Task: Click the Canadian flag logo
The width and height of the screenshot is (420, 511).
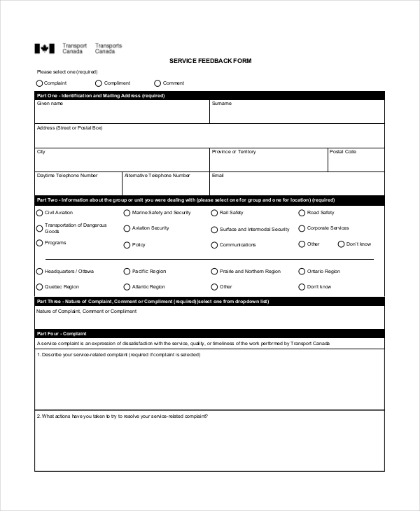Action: coord(44,49)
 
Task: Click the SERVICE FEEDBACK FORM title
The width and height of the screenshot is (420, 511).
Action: coord(210,61)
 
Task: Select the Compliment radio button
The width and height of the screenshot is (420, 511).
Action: coord(99,83)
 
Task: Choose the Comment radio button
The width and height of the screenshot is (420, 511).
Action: coord(157,83)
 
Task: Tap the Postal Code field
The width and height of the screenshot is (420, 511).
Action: coord(356,162)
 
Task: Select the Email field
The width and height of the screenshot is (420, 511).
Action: coord(297,185)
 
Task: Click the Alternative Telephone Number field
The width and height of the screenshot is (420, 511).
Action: coord(165,185)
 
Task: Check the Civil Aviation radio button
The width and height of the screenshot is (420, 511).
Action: coord(39,213)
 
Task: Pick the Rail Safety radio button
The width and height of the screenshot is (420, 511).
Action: coord(214,213)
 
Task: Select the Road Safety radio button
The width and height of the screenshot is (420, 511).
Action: coord(302,213)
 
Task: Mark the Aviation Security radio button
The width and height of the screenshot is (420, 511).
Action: coord(127,228)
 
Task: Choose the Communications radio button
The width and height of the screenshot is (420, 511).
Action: coord(214,245)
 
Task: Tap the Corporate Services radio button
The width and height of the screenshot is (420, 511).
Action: coord(302,228)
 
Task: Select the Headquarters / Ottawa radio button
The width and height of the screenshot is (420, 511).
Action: coord(39,272)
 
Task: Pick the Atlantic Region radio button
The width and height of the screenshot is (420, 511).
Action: coord(127,287)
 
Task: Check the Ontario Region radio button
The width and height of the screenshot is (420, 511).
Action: coord(302,272)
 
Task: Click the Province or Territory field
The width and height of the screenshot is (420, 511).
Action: coord(268,162)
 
